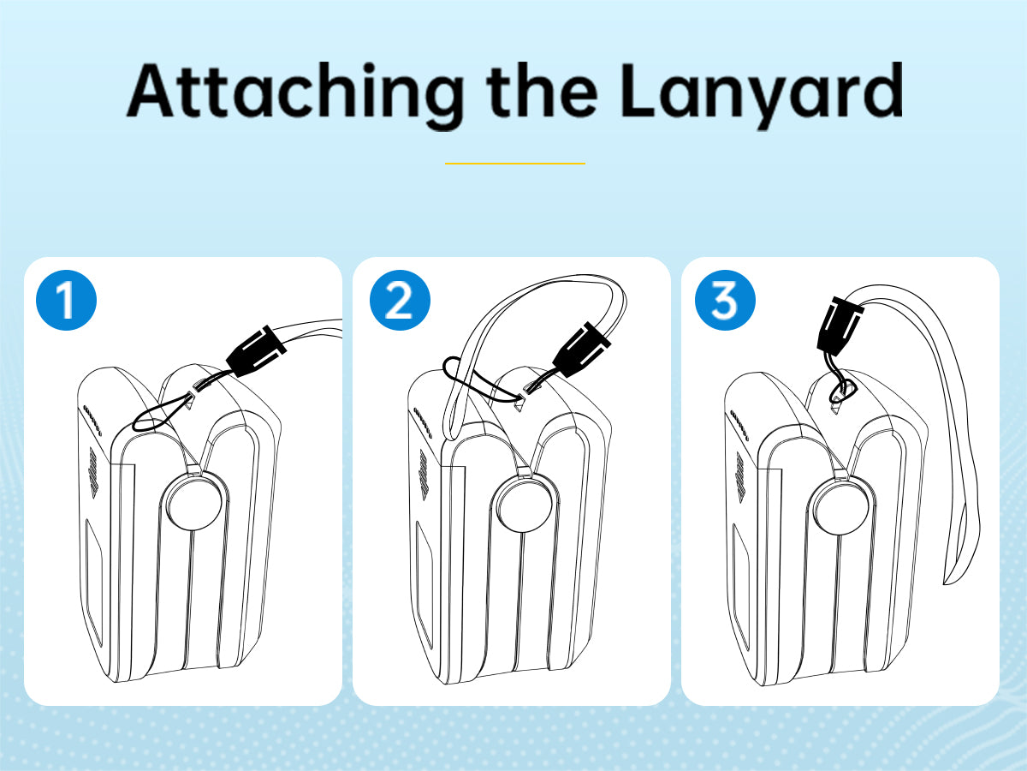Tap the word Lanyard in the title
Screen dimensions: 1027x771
(x=762, y=93)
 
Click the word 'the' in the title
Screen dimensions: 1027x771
(x=542, y=90)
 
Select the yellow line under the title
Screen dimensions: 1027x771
(x=514, y=164)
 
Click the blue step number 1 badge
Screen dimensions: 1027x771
(x=66, y=300)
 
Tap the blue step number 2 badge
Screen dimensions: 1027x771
(x=400, y=300)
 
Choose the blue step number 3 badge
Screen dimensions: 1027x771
(x=725, y=300)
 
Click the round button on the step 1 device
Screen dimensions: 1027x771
(x=194, y=502)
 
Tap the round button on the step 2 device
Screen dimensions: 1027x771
(x=524, y=503)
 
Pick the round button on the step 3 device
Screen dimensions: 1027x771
(x=840, y=506)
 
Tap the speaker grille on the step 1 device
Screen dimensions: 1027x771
(x=92, y=472)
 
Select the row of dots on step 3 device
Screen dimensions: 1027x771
(x=739, y=424)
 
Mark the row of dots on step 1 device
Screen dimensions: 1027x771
(x=92, y=420)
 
